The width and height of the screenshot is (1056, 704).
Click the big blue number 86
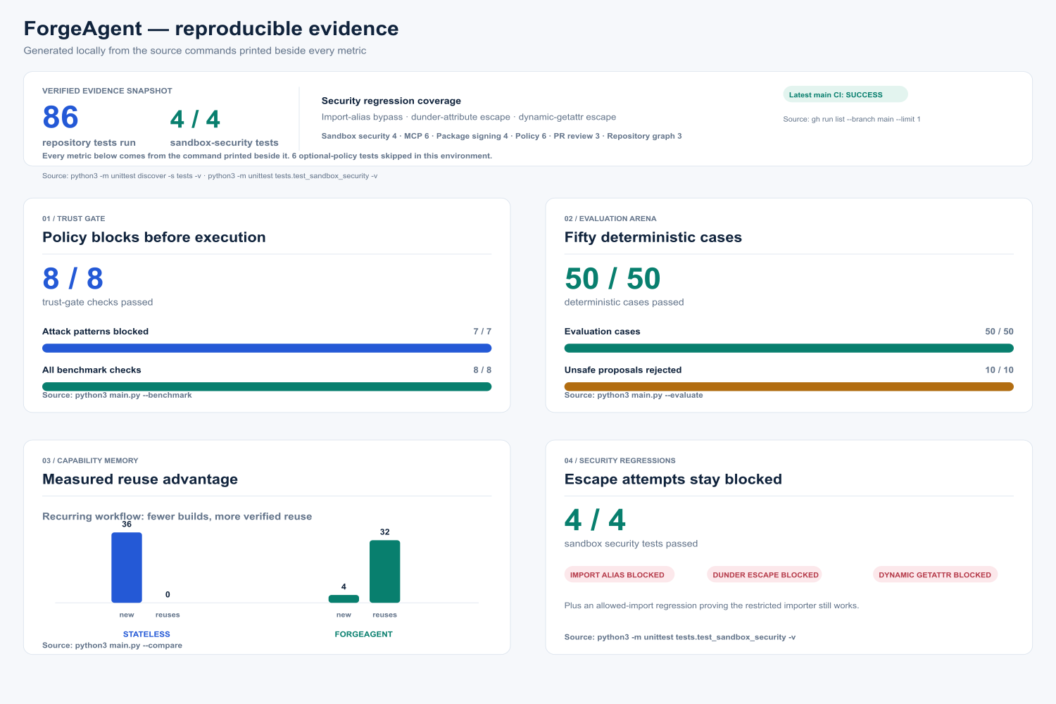point(61,117)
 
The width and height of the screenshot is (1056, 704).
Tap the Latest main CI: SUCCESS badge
point(846,94)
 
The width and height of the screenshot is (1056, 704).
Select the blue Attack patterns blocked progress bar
point(267,348)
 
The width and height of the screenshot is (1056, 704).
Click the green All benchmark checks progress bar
point(267,386)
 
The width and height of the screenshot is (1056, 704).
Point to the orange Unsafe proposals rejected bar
point(788,386)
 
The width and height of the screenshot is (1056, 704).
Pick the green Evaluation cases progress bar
point(788,348)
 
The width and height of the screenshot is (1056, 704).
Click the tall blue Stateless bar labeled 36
point(126,567)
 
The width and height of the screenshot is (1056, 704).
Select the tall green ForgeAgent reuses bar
point(384,572)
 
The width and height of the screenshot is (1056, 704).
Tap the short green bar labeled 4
point(344,599)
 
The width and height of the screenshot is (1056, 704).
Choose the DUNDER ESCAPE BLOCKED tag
point(765,574)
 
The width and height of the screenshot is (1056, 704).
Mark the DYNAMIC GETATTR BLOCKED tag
point(936,574)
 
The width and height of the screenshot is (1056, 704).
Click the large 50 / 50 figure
point(612,279)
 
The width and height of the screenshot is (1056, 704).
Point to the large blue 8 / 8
point(73,279)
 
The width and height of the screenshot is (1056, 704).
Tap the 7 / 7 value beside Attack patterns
point(482,332)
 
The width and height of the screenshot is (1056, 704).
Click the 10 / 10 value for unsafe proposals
point(999,370)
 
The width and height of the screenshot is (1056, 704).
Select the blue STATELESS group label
point(146,634)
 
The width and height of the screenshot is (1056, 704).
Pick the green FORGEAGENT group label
point(363,634)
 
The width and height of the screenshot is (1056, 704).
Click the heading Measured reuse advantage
point(140,479)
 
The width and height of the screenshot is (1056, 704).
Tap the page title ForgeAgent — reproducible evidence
point(211,29)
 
